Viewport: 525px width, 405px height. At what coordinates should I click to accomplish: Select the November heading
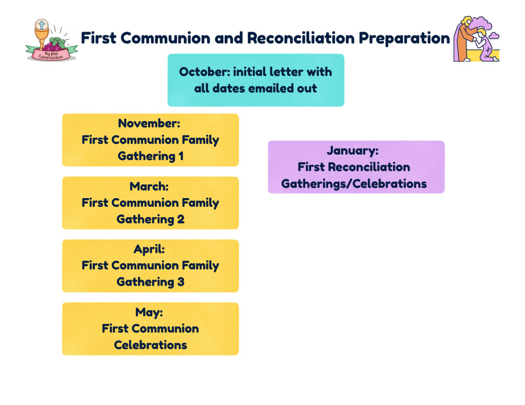(x=149, y=123)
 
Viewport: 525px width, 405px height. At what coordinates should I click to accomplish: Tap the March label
(x=149, y=186)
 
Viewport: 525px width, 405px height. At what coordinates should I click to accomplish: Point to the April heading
(x=149, y=249)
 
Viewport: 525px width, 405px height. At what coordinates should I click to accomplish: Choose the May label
(x=149, y=312)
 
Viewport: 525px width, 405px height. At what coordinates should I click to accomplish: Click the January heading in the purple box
(x=353, y=151)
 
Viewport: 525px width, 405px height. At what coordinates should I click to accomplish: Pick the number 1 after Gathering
(x=181, y=156)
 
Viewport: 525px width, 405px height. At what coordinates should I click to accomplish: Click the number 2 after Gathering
(x=180, y=219)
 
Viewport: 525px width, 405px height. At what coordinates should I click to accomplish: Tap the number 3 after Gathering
(x=181, y=282)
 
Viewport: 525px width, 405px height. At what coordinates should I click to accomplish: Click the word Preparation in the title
(x=405, y=38)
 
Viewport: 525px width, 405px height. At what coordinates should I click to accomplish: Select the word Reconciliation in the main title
(x=300, y=38)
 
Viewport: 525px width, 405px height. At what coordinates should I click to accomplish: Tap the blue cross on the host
(x=42, y=25)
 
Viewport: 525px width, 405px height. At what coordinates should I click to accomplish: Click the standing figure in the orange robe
(x=465, y=39)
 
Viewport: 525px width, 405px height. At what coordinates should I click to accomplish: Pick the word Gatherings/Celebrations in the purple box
(x=354, y=184)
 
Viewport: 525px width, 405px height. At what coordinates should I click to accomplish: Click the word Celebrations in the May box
(x=150, y=345)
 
